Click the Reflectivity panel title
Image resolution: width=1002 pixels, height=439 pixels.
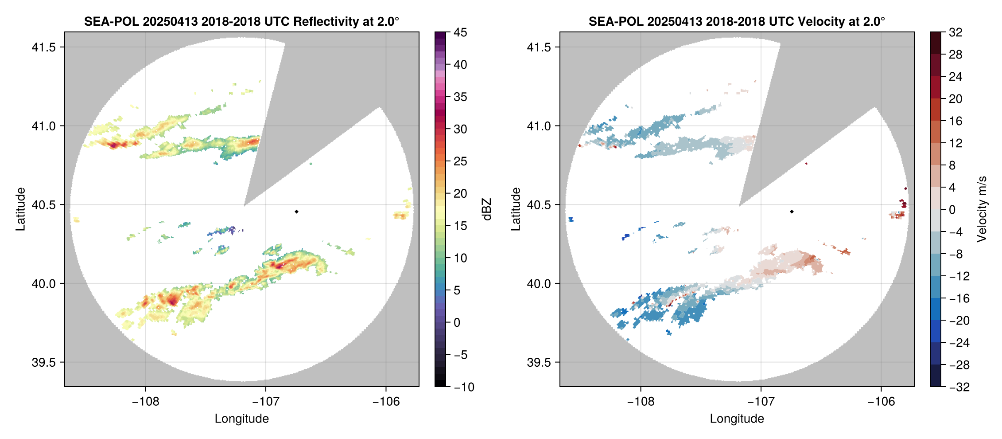click(241, 21)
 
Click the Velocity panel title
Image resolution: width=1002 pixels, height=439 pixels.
click(737, 21)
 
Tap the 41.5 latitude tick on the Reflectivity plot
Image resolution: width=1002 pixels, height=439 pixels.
click(44, 47)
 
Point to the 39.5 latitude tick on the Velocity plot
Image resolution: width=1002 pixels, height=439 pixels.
click(539, 362)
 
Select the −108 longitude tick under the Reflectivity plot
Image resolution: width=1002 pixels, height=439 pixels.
click(145, 401)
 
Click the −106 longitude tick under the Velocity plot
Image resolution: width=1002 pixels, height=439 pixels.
click(881, 401)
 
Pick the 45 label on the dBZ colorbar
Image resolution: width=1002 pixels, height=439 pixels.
click(460, 32)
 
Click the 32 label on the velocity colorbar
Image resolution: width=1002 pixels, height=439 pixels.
click(955, 32)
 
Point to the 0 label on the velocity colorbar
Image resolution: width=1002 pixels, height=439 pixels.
click(952, 210)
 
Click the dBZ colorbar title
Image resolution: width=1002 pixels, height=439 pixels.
click(487, 209)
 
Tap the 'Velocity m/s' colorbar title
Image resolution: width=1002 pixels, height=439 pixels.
click(982, 209)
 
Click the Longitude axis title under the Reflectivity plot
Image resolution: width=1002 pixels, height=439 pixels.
click(242, 419)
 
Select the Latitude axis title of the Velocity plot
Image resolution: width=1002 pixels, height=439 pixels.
click(515, 209)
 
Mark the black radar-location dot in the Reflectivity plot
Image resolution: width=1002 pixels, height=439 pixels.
click(296, 212)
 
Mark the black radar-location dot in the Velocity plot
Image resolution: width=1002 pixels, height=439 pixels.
click(792, 212)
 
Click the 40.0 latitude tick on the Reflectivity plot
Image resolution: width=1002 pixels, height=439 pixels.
click(44, 283)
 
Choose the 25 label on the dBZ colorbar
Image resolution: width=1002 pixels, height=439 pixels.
click(460, 161)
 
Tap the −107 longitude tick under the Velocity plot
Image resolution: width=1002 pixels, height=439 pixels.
click(761, 401)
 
